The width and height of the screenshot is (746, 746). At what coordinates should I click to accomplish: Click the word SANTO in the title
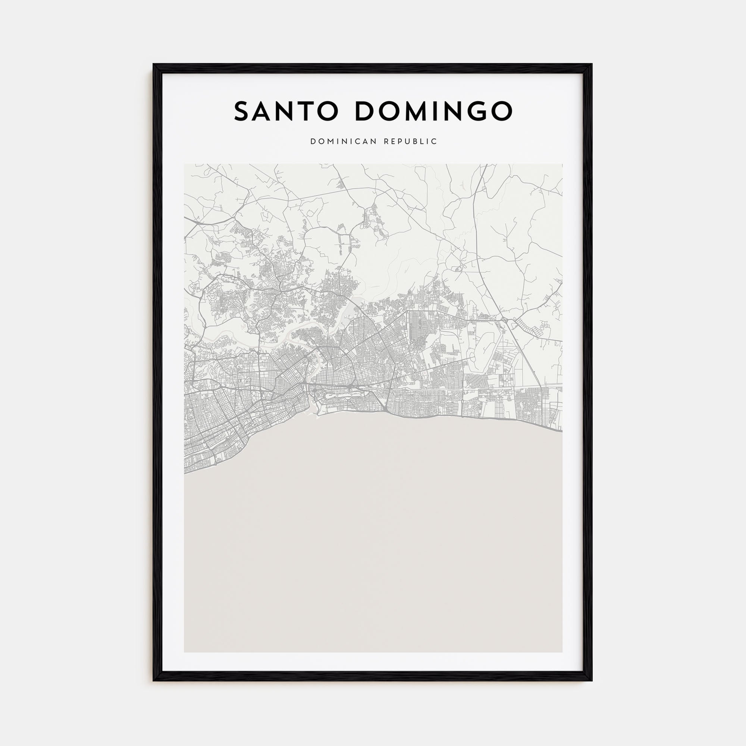[x=286, y=111]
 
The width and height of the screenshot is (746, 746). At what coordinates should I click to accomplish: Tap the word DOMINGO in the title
[x=433, y=111]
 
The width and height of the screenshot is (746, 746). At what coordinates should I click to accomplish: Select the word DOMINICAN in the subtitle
[x=343, y=142]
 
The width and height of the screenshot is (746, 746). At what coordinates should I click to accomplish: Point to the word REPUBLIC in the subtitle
[x=410, y=142]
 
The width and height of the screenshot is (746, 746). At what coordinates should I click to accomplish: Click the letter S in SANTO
[x=243, y=111]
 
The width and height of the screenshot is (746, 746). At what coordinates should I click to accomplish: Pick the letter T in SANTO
[x=307, y=111]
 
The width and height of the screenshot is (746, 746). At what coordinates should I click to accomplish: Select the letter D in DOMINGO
[x=365, y=111]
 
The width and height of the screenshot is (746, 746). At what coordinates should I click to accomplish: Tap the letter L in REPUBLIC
[x=424, y=142]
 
